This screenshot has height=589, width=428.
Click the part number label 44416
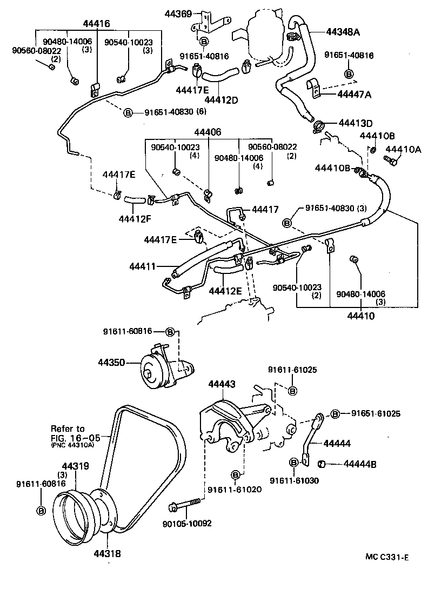(x=96, y=24)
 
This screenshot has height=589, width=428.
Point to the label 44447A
(x=354, y=94)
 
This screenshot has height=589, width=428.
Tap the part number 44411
(x=142, y=266)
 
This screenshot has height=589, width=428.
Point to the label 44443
(x=222, y=384)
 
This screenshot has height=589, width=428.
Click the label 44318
(x=107, y=553)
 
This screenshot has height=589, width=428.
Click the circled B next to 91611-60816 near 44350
(x=169, y=331)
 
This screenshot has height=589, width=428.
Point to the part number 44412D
(x=222, y=99)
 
